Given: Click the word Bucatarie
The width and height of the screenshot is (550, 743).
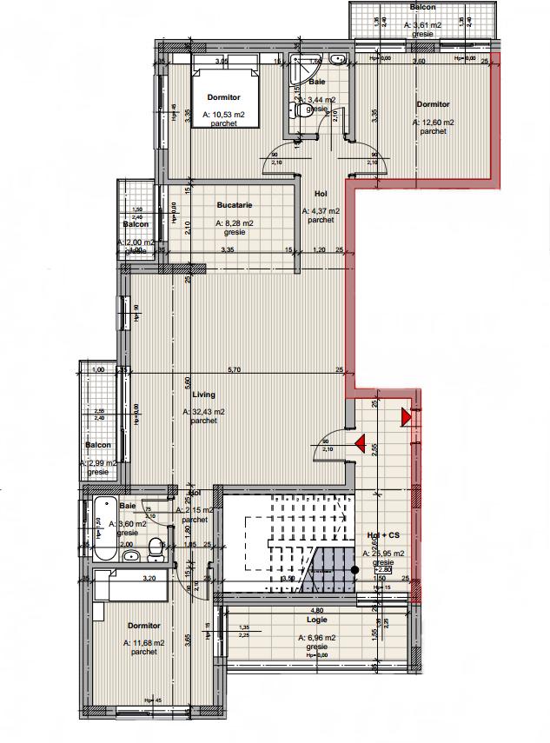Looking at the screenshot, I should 234,206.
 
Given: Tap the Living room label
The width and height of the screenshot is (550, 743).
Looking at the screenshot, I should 203,395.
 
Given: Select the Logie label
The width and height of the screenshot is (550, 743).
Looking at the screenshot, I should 315,620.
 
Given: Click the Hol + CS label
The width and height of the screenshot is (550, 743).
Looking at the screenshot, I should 382,536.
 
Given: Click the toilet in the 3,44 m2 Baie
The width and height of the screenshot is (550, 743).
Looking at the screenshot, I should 302,110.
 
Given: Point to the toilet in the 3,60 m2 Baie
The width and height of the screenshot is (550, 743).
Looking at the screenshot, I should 155,547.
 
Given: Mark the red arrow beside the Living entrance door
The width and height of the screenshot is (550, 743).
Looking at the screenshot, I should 359,445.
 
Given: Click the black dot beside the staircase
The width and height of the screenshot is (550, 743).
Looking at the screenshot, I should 355,569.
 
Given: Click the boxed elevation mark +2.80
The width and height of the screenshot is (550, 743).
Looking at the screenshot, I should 383,570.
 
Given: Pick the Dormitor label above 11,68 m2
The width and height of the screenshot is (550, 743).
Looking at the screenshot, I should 142,626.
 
